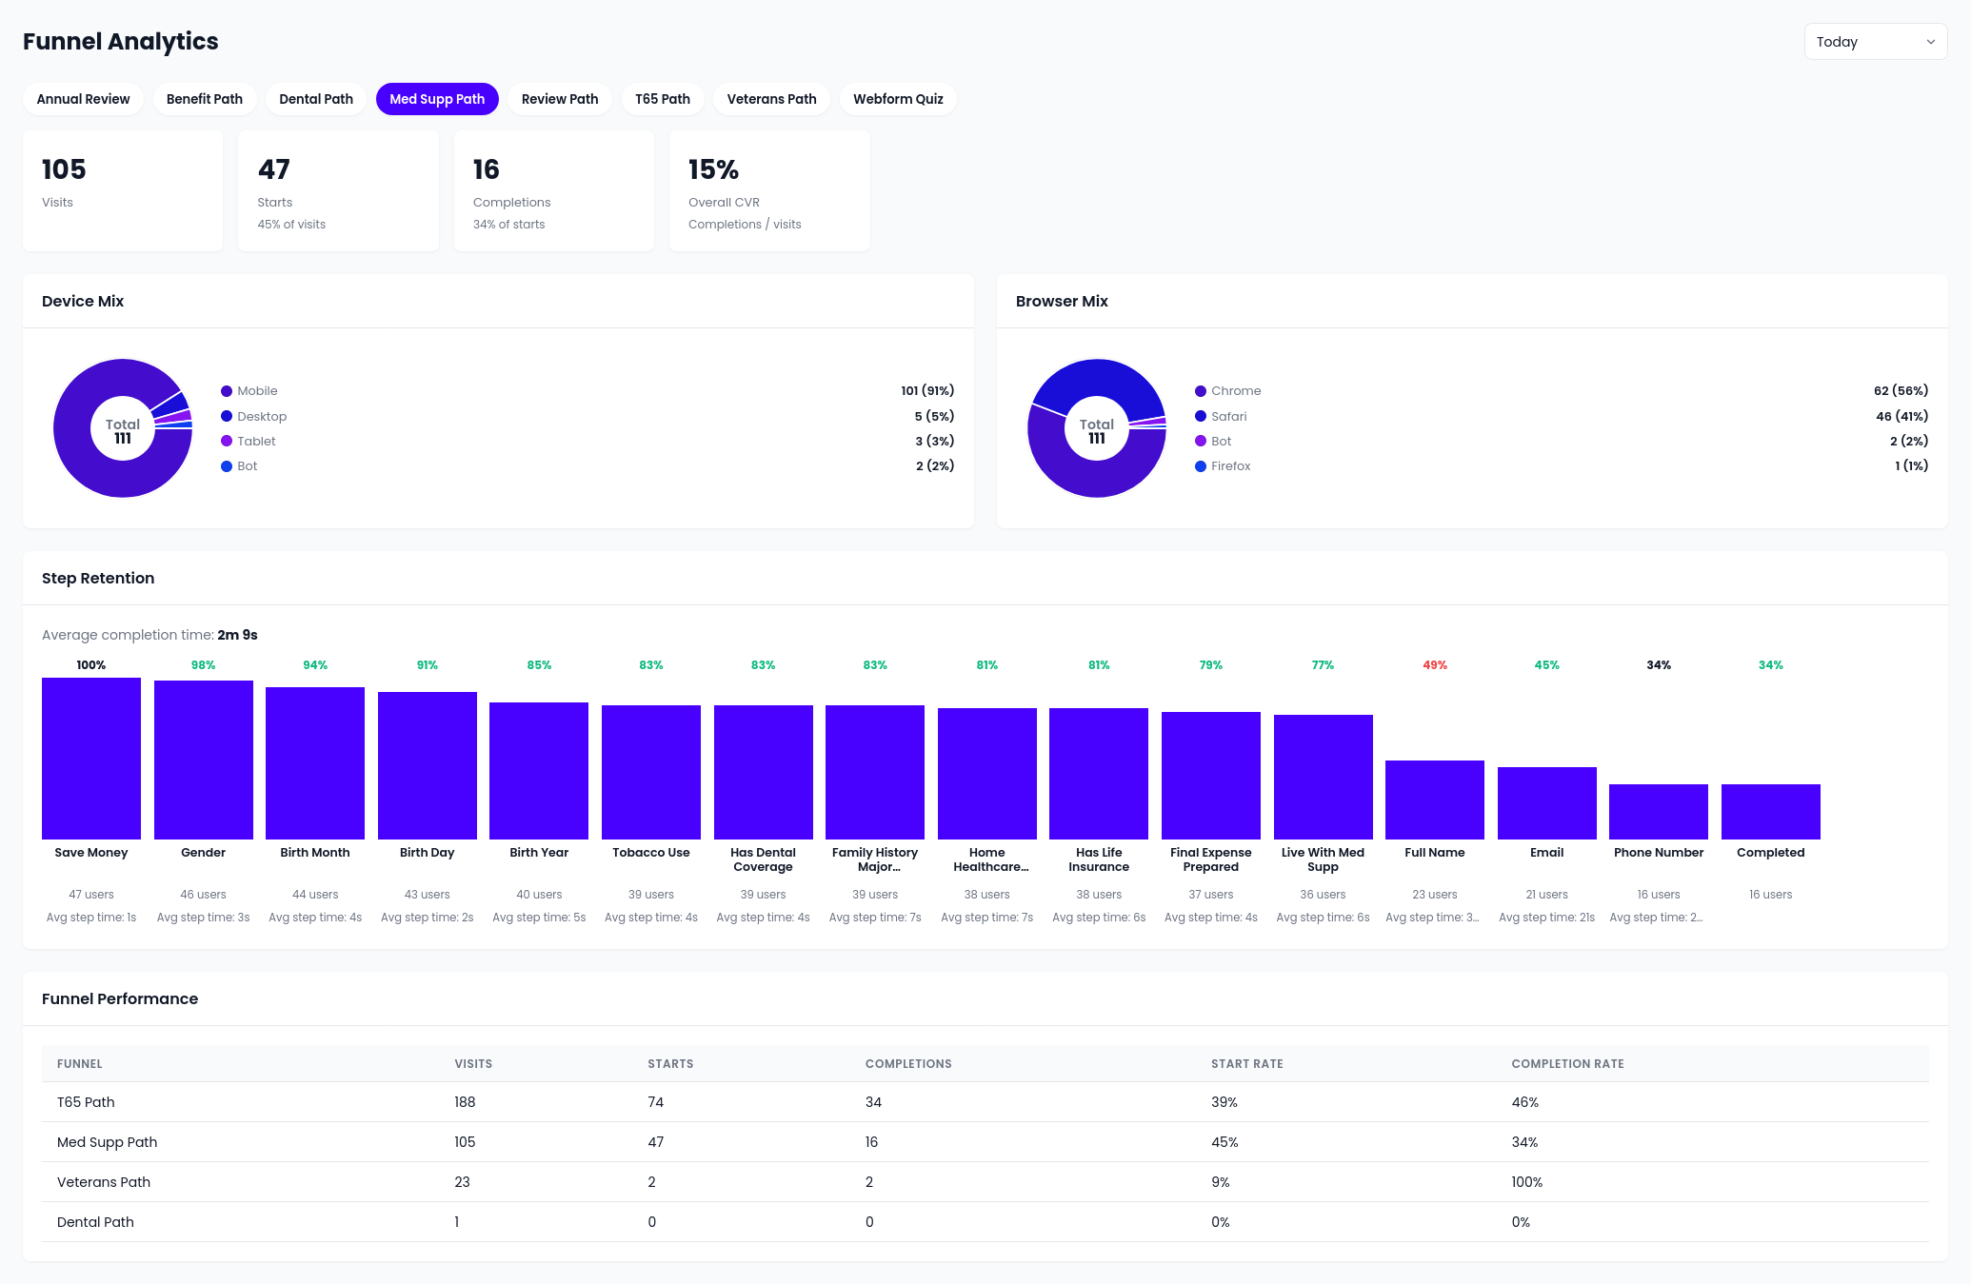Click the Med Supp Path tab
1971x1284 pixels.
[437, 99]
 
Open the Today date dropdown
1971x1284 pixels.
[1874, 42]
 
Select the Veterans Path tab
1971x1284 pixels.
[771, 99]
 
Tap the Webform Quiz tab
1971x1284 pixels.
[897, 99]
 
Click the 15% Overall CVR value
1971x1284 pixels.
[713, 169]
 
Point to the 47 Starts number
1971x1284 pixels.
[274, 169]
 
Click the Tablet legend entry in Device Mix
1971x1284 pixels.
[255, 441]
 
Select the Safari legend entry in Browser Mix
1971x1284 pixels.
[1228, 416]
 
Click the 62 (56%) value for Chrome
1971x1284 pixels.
[1900, 390]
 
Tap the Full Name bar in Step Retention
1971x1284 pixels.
[1434, 800]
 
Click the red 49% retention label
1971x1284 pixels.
[1434, 665]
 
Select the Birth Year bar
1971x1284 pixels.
[539, 771]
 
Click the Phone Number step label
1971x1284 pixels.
[1658, 853]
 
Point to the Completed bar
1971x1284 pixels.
[1770, 811]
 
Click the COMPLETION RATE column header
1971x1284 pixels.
[1567, 1064]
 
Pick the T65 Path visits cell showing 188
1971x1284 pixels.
[465, 1102]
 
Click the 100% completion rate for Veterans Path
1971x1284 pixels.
[1526, 1182]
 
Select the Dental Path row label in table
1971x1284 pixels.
[95, 1222]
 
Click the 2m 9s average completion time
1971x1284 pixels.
[237, 635]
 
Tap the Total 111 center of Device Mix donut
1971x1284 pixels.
[123, 430]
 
